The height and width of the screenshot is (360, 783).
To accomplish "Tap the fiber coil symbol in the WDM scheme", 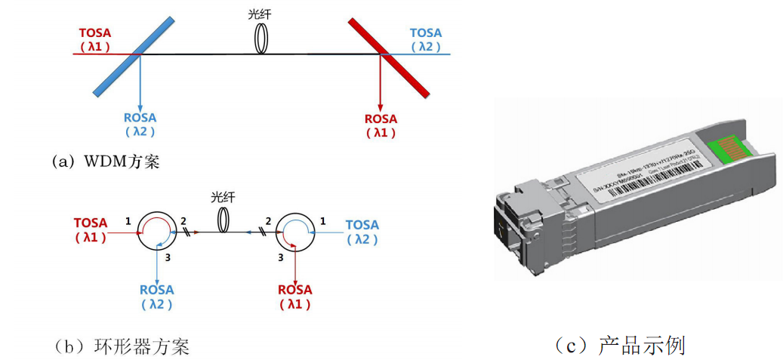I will click(261, 38).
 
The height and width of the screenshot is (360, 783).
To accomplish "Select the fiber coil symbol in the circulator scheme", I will click(223, 220).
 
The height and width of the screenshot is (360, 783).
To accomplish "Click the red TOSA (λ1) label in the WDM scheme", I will click(95, 40).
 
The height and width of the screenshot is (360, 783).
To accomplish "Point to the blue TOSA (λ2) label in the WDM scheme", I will click(426, 40).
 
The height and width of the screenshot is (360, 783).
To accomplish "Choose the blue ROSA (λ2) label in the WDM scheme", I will click(140, 125).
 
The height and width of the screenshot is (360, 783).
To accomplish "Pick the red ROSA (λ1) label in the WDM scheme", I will click(381, 125).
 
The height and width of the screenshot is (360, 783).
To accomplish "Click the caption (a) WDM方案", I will click(105, 162).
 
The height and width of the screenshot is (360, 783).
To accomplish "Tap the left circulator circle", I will click(155, 232).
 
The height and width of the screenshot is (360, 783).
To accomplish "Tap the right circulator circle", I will click(294, 232).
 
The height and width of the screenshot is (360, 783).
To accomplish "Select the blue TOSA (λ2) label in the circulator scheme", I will click(362, 232).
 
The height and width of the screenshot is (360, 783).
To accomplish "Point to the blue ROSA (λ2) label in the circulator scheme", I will click(156, 297).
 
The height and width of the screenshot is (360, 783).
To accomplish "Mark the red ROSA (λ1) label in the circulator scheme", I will click(294, 297).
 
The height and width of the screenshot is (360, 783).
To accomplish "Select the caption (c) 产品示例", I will click(618, 346).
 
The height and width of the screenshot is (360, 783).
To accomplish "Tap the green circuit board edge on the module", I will click(726, 143).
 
